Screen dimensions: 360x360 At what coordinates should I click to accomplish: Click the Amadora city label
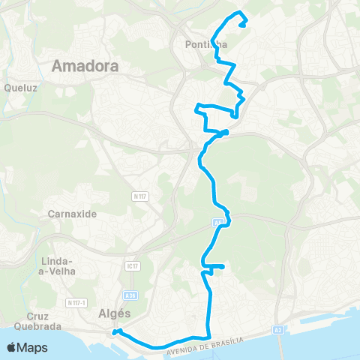85,66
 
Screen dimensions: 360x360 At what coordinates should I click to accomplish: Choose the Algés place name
115,314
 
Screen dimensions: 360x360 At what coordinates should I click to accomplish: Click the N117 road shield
138,196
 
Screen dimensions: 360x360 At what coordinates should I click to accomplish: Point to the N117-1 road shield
76,302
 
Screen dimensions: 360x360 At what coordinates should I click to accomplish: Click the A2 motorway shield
279,328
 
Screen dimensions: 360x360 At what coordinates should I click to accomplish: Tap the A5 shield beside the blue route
217,222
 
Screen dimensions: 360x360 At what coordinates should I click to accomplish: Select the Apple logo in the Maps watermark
12,347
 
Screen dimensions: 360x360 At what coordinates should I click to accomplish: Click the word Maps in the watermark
33,347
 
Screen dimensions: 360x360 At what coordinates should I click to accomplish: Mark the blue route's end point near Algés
115,331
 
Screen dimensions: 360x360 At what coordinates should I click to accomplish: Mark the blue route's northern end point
244,25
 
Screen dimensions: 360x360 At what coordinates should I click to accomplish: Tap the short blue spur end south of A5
223,266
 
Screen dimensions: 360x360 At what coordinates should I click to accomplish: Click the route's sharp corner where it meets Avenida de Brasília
208,337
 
